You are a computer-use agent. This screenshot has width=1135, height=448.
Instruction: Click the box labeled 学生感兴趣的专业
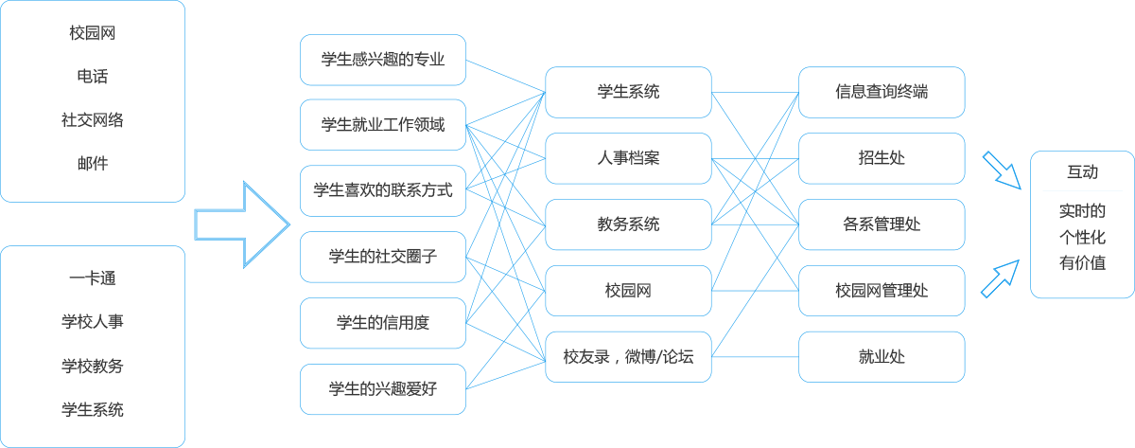(x=382, y=60)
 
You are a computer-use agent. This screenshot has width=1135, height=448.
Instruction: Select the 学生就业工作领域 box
(x=382, y=125)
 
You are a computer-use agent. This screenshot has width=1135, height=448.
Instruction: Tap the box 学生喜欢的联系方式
(x=382, y=190)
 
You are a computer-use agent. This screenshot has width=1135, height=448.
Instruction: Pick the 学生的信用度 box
(x=382, y=323)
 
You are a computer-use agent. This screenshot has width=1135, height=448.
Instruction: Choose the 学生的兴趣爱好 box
(x=382, y=389)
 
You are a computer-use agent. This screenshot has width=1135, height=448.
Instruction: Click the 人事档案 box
(x=628, y=158)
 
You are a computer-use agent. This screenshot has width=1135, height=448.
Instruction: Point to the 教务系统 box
(x=628, y=224)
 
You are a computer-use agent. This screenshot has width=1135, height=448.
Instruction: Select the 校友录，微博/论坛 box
(x=628, y=357)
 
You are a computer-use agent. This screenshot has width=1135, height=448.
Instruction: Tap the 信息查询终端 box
(x=882, y=92)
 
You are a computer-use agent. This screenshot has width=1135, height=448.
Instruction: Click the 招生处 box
(x=882, y=158)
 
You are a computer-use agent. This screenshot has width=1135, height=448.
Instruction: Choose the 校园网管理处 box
(x=882, y=291)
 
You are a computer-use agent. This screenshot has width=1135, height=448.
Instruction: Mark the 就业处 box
(x=882, y=357)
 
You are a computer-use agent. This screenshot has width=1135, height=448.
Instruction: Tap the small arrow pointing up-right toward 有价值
(x=1001, y=278)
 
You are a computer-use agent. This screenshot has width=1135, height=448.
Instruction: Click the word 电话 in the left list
(x=93, y=76)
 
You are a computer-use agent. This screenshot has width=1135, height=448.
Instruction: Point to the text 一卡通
(x=93, y=278)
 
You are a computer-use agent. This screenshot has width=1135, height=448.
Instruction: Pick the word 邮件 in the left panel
(x=93, y=163)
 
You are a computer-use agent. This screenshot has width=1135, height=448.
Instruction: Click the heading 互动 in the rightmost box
(x=1082, y=172)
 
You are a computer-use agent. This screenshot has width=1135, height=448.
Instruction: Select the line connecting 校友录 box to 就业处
(x=755, y=357)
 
